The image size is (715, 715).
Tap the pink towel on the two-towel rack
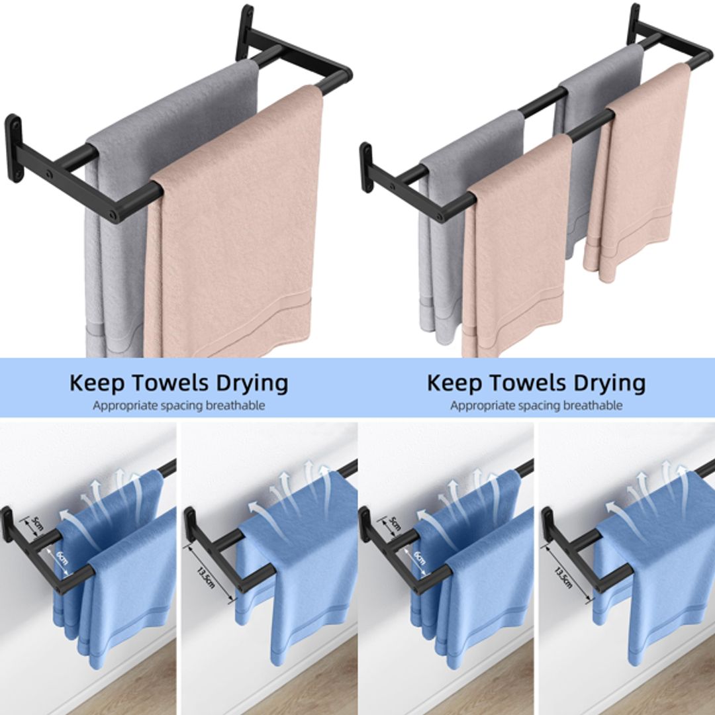[232, 232]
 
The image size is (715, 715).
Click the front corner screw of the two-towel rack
[115, 215]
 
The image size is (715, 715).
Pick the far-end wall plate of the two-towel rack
[246, 30]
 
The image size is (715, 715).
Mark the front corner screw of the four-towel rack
[445, 215]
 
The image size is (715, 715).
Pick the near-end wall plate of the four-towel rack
[366, 166]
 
